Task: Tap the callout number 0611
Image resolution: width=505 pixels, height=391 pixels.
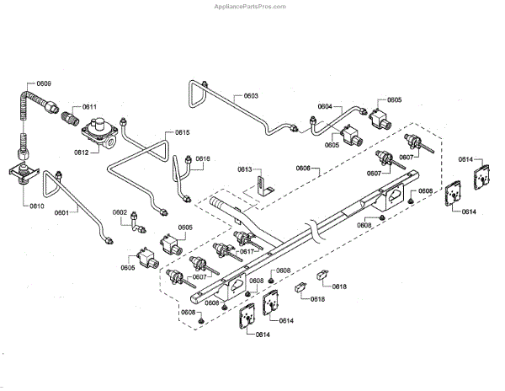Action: click(x=88, y=107)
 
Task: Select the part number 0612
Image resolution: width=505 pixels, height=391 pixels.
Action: click(x=82, y=153)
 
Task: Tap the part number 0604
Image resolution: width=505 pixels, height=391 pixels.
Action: click(x=325, y=106)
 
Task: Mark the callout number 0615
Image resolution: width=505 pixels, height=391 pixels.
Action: click(x=182, y=132)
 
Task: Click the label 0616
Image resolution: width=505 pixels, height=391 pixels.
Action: click(x=203, y=158)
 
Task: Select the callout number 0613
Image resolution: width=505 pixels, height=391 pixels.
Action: click(x=245, y=169)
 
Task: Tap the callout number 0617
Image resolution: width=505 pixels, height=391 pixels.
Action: click(x=247, y=251)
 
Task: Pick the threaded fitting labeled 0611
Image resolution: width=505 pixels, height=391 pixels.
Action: click(x=66, y=112)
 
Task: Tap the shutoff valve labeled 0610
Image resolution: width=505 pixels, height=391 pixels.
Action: click(x=21, y=173)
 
